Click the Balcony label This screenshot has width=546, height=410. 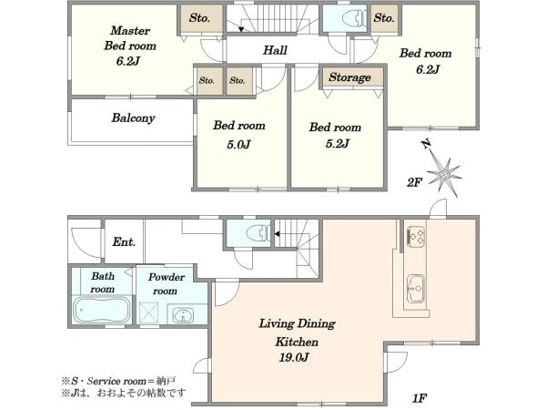click(133, 118)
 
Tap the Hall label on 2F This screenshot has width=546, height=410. click(275, 50)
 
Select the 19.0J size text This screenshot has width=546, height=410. click(294, 357)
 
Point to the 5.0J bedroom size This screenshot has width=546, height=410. click(238, 144)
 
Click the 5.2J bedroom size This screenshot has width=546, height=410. click(337, 144)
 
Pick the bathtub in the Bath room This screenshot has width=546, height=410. click(101, 310)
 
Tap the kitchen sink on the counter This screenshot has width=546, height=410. click(416, 289)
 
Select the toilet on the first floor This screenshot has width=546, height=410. click(258, 233)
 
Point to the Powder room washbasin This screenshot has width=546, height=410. click(182, 315)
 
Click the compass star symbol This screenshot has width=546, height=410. click(445, 172)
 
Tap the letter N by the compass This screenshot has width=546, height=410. click(426, 144)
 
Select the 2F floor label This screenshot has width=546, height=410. click(414, 182)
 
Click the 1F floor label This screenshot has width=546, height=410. click(420, 398)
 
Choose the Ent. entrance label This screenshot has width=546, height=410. click(124, 242)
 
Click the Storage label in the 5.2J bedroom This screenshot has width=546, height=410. click(349, 77)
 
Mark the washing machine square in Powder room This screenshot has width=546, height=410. click(148, 313)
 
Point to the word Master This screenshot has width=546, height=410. click(130, 31)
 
